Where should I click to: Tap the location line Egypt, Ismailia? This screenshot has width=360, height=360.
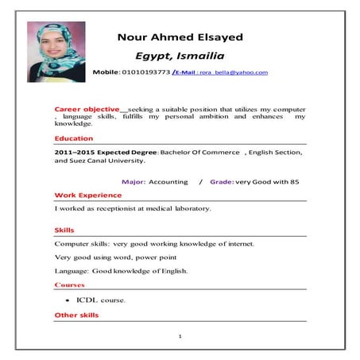click(x=180, y=56)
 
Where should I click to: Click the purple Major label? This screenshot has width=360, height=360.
click(x=133, y=182)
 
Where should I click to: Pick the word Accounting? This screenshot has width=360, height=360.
click(x=168, y=182)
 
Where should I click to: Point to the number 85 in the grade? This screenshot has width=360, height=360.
click(x=294, y=182)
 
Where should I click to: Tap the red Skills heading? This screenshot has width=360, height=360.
click(x=64, y=230)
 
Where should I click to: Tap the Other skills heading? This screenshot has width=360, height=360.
click(x=76, y=315)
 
